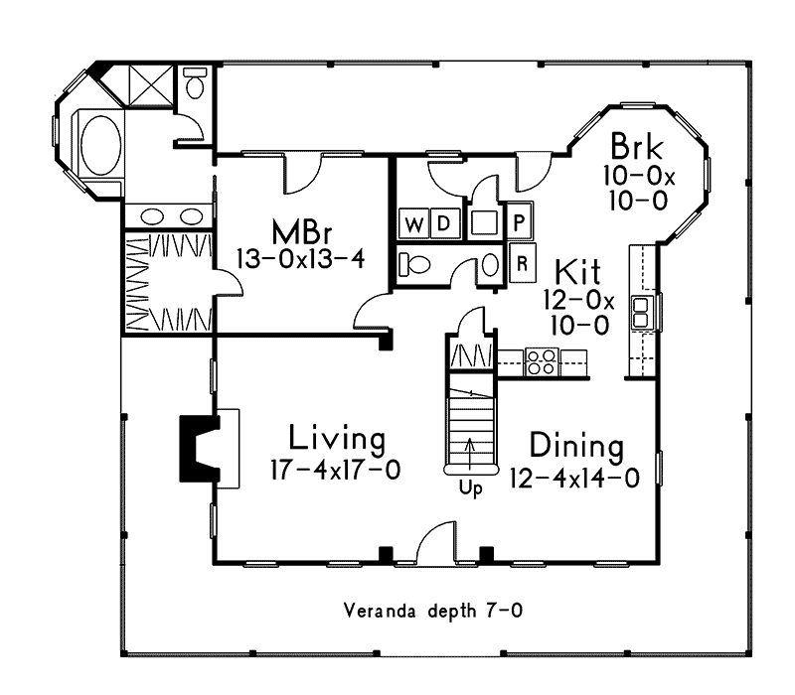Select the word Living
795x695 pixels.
[x=337, y=438]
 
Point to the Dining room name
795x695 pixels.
[x=576, y=445]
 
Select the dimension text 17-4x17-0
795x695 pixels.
[x=335, y=470]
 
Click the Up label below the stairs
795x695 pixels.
[x=470, y=488]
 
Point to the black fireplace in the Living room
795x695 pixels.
[x=196, y=448]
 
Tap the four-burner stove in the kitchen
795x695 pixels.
[x=542, y=361]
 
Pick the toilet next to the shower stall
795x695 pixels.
[x=195, y=85]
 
